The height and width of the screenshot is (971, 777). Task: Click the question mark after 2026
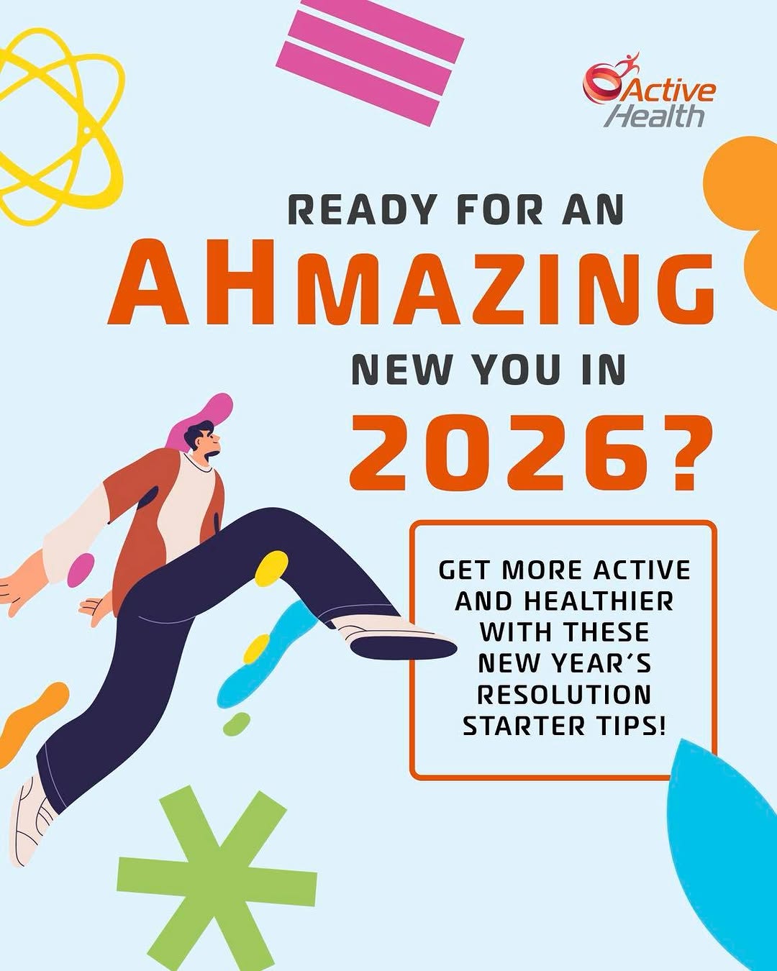(683, 452)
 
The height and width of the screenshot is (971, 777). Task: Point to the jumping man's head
(202, 440)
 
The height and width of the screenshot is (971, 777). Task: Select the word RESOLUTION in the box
(564, 695)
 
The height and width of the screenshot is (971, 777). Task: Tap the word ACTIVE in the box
(641, 570)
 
